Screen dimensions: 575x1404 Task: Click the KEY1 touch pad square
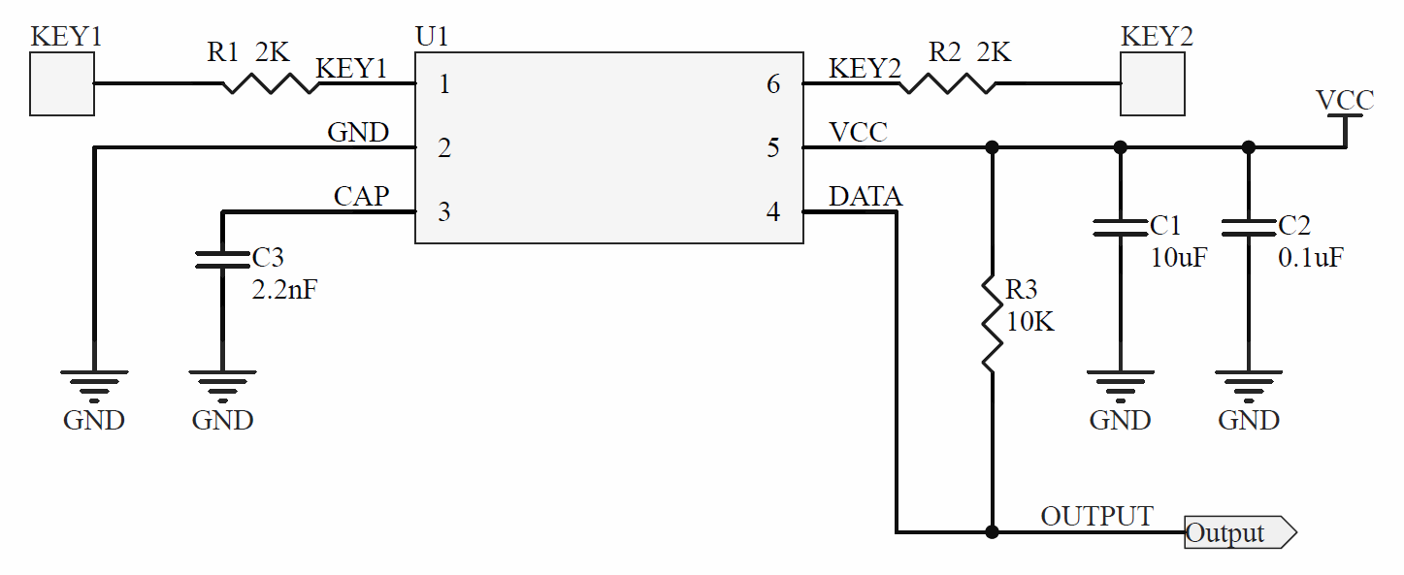[x=62, y=84]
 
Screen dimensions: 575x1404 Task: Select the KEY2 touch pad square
[x=1153, y=84]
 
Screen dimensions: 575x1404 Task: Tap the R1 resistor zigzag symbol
[x=271, y=84]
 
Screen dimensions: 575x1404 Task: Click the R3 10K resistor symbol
[x=992, y=324]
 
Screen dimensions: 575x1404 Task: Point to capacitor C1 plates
[x=1121, y=228]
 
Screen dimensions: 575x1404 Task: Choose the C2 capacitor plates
[x=1249, y=228]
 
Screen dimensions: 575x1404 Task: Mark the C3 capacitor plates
[x=223, y=259]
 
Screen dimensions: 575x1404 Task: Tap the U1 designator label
[x=433, y=38]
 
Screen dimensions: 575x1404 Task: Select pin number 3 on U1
[x=444, y=212]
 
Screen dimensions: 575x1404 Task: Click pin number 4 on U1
[x=773, y=212]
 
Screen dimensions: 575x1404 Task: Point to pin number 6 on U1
[x=773, y=84]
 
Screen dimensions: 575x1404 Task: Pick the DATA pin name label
[x=865, y=198]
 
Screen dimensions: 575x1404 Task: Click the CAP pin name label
[x=361, y=197]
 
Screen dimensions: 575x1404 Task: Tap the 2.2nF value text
[x=283, y=289]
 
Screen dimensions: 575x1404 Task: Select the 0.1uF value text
[x=1311, y=258]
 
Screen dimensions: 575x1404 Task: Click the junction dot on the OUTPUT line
[x=992, y=532]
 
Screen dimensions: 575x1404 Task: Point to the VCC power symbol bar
[x=1345, y=117]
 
